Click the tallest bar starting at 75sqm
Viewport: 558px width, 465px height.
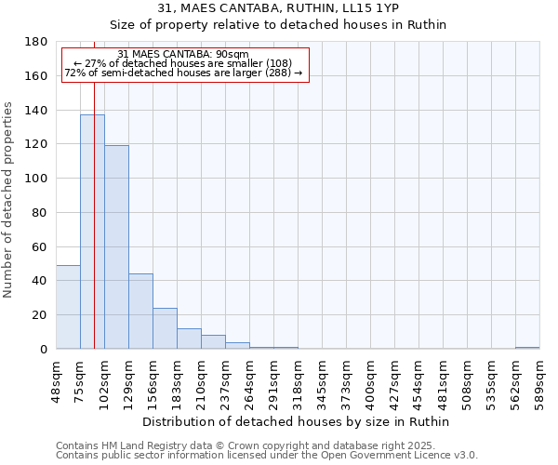tap(92, 232)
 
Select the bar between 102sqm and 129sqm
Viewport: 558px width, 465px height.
tap(116, 247)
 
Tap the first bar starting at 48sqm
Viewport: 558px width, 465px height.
tap(68, 307)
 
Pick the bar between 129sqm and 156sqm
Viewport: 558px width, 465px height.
tap(140, 312)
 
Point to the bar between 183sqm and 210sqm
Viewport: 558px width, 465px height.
tap(189, 339)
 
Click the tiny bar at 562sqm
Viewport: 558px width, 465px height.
tap(527, 348)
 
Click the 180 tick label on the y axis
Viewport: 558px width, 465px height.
tap(36, 42)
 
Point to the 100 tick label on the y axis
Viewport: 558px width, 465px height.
tap(36, 179)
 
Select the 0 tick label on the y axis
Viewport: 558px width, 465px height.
tap(43, 350)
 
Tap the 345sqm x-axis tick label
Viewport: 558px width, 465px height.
tap(322, 381)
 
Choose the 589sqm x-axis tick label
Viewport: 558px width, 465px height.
tap(539, 381)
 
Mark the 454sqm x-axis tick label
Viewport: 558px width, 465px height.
tap(418, 381)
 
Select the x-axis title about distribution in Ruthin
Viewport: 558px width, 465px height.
tap(297, 422)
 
